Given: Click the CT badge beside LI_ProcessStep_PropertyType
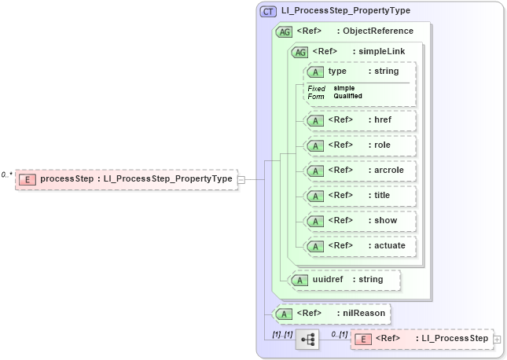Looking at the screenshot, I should pyautogui.click(x=267, y=11).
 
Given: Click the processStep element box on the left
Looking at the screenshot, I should pyautogui.click(x=126, y=179).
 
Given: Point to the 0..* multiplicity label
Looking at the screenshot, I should pyautogui.click(x=7, y=174).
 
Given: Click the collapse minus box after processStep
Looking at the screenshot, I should pyautogui.click(x=241, y=179).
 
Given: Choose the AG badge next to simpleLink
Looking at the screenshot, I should pyautogui.click(x=299, y=52).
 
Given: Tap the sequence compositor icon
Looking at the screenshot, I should pyautogui.click(x=307, y=340).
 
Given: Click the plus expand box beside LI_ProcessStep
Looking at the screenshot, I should pyautogui.click(x=496, y=339).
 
